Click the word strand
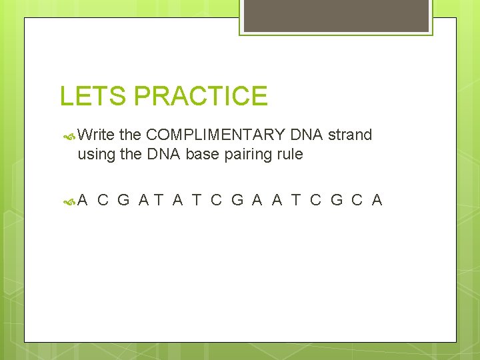pos(349,135)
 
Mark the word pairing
pos(248,155)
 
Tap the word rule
pos(290,155)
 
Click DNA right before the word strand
pos(307,135)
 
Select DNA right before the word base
pos(164,155)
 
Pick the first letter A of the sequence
pos(83,200)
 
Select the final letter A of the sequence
pos(377,200)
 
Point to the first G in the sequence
pos(123,200)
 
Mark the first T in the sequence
pos(158,200)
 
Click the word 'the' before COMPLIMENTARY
pos(130,135)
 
